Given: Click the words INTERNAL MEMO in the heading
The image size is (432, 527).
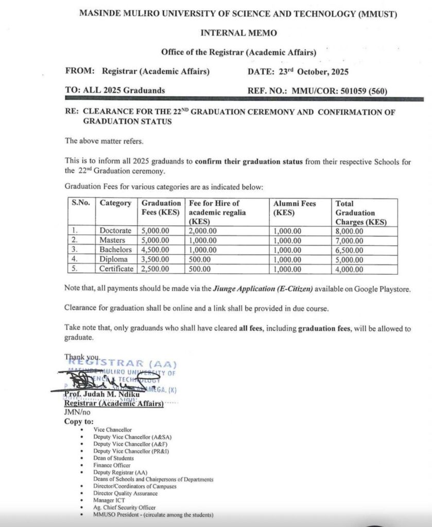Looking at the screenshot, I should point(238,33).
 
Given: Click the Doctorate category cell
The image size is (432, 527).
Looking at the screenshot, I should point(115,231).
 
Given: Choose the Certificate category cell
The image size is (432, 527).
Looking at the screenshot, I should point(116,269).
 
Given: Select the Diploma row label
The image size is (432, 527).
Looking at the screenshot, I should point(114,259).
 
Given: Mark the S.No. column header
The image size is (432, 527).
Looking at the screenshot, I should point(80,203).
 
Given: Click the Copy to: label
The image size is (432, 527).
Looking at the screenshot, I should point(79,421).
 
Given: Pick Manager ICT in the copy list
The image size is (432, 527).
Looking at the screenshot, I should point(109,500).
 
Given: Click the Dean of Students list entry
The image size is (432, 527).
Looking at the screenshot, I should point(113,458).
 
